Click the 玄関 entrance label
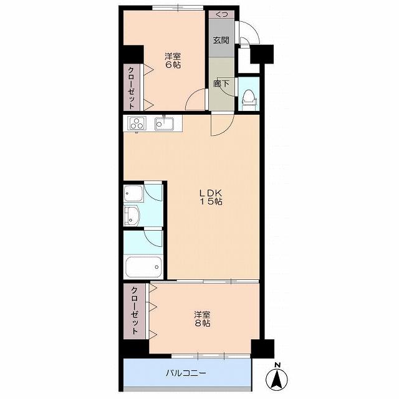[221, 40]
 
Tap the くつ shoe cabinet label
[221, 14]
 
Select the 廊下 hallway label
[221, 84]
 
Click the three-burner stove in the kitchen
[137, 123]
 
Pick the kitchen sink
[165, 123]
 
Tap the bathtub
[143, 267]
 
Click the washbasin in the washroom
[131, 216]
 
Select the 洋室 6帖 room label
[173, 60]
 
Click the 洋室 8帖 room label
[203, 319]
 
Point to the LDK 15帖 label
[211, 197]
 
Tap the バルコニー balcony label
[186, 373]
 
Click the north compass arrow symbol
[277, 377]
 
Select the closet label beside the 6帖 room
[132, 88]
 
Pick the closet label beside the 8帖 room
[135, 310]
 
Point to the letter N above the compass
[277, 365]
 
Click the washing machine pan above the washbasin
[133, 193]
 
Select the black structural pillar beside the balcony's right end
[262, 349]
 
